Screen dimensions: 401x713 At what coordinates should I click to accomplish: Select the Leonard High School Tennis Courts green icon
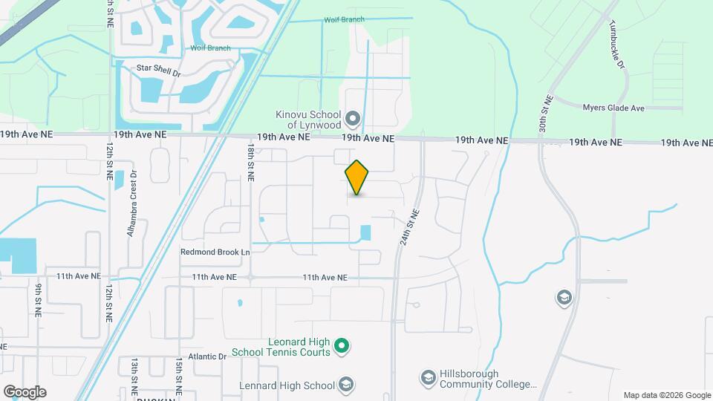tap(342, 345)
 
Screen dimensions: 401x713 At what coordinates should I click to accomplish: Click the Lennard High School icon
tap(345, 384)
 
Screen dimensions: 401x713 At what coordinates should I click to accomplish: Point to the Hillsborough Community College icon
tap(428, 379)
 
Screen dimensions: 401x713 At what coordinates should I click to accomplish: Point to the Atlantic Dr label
tap(206, 356)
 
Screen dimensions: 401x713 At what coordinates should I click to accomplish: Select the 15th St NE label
tap(179, 375)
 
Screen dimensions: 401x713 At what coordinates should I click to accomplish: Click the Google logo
tap(25, 392)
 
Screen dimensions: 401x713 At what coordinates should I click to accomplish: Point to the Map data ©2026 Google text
tap(666, 395)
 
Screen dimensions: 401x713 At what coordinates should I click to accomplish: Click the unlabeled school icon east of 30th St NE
tap(564, 298)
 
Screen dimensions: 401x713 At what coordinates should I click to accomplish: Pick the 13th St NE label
tap(134, 375)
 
